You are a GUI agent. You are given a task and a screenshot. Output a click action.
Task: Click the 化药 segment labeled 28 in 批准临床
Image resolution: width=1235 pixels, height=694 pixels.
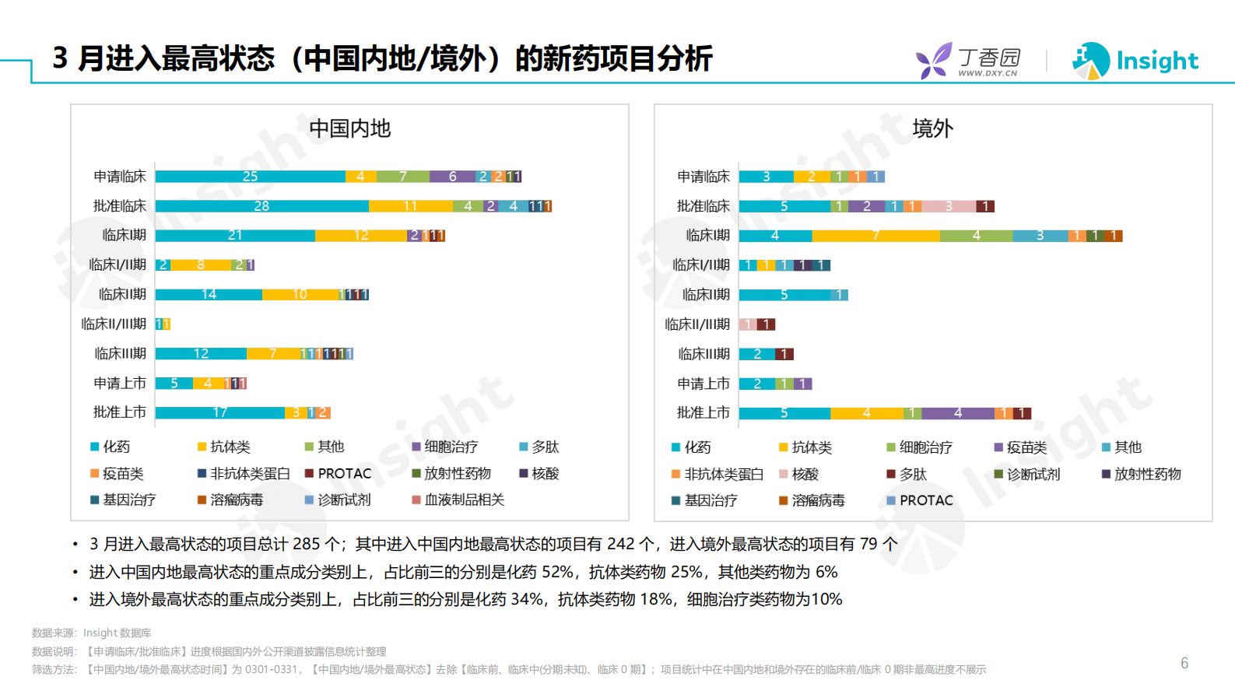(261, 206)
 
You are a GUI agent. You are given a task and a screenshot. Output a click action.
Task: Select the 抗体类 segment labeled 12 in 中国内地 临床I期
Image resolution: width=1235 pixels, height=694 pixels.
(361, 236)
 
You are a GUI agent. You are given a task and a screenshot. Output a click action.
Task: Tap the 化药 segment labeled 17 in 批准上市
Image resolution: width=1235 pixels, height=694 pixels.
(220, 412)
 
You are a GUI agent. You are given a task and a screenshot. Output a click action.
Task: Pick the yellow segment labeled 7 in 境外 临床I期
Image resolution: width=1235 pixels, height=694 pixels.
(875, 236)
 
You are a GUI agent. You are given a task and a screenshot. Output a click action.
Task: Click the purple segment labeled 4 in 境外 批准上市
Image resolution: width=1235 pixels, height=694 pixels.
(957, 413)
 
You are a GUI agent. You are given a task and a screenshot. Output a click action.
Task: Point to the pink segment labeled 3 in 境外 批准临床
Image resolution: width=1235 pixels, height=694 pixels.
(948, 206)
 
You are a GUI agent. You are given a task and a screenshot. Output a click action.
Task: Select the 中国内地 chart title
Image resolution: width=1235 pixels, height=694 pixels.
(349, 128)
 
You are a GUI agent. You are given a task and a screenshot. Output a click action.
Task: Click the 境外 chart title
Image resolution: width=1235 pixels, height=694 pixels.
(932, 128)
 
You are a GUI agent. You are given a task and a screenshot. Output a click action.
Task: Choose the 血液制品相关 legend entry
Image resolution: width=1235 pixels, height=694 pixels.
(464, 500)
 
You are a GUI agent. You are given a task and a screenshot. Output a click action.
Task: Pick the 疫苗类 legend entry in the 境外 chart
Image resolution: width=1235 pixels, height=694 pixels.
(1026, 447)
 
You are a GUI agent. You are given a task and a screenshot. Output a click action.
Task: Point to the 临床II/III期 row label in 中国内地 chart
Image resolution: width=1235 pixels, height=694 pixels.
(114, 324)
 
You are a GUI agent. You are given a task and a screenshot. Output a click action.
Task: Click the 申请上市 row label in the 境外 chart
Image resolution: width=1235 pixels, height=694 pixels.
(703, 384)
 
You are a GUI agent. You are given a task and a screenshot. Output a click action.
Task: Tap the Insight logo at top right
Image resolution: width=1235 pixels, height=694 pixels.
(1135, 61)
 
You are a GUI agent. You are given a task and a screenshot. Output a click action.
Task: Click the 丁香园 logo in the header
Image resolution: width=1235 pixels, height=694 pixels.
(969, 61)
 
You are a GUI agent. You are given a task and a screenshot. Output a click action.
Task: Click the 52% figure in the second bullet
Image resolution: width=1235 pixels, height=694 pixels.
(556, 572)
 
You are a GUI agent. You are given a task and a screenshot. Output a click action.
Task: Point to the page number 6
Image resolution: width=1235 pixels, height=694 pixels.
(1184, 663)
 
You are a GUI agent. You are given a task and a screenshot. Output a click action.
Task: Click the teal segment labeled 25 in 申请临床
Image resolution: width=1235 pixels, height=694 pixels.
(250, 177)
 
